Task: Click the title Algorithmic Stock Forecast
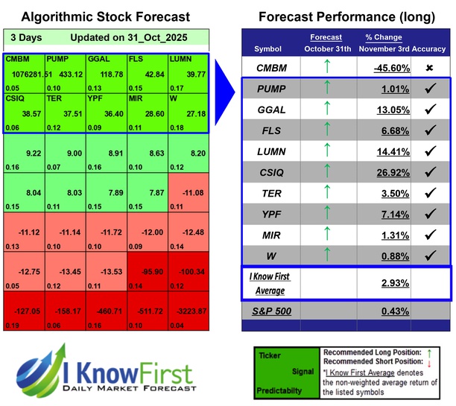[105, 16]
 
